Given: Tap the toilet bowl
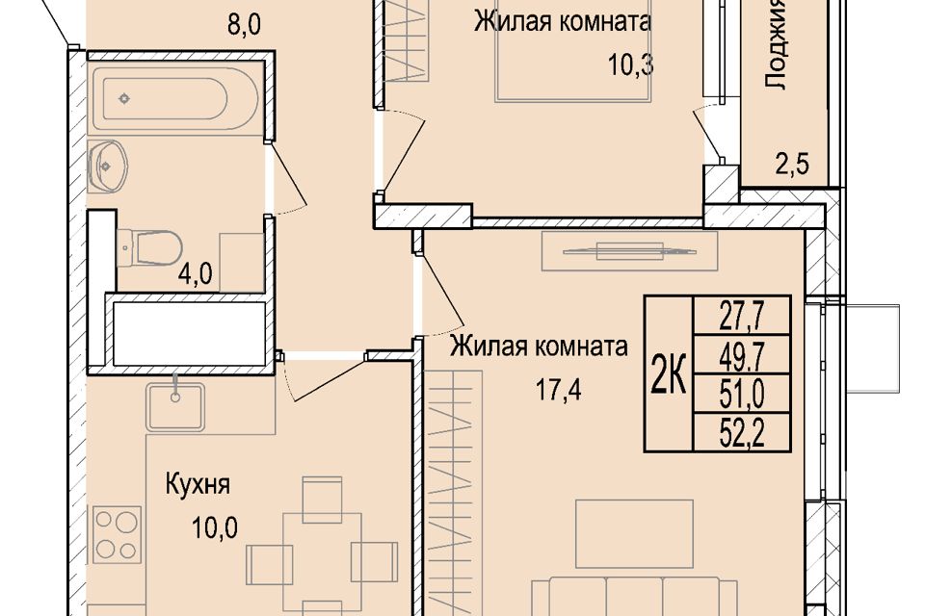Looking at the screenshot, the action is (x=149, y=247).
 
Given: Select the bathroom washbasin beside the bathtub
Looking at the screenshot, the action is (x=107, y=167).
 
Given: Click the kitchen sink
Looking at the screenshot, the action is (x=175, y=407).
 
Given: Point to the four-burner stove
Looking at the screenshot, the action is (x=117, y=534).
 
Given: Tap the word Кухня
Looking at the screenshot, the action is (x=197, y=485).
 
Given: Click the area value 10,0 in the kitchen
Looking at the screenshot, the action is (x=214, y=527).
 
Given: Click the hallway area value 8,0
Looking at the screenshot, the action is (x=244, y=25).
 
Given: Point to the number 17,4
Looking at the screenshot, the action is (x=558, y=390).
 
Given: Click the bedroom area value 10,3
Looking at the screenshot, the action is (x=630, y=64).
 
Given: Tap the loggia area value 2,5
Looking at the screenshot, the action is (x=792, y=164).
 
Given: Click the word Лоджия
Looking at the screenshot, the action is (x=776, y=44).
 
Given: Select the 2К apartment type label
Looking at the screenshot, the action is (x=669, y=373).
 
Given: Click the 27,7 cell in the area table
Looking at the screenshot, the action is (x=742, y=316).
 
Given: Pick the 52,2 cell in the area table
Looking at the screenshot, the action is (x=742, y=432).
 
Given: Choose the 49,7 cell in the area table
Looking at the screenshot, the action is (x=742, y=354).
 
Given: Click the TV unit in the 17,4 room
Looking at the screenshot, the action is (x=629, y=251).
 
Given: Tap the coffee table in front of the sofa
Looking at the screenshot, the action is (x=634, y=534).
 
